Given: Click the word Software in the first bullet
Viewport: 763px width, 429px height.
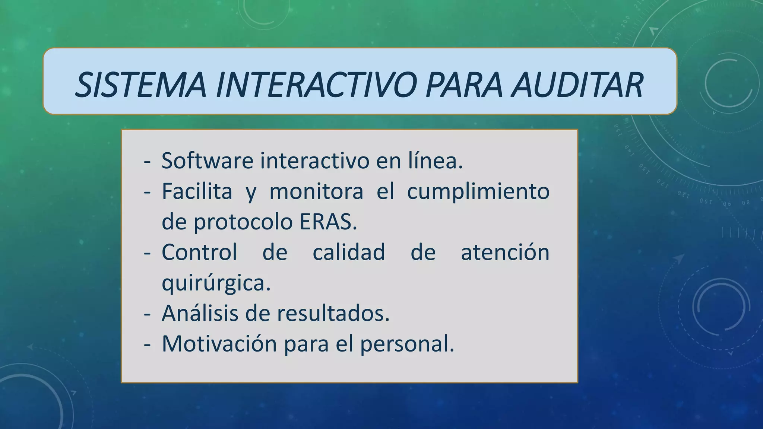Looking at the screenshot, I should click(207, 161).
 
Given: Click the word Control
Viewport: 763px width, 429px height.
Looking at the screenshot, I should click(199, 252).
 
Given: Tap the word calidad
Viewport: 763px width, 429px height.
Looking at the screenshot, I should click(349, 252).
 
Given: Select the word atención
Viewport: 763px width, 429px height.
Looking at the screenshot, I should click(505, 252).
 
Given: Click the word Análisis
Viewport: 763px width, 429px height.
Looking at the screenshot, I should click(199, 313).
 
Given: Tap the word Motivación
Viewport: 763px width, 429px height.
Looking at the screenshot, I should click(219, 344).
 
